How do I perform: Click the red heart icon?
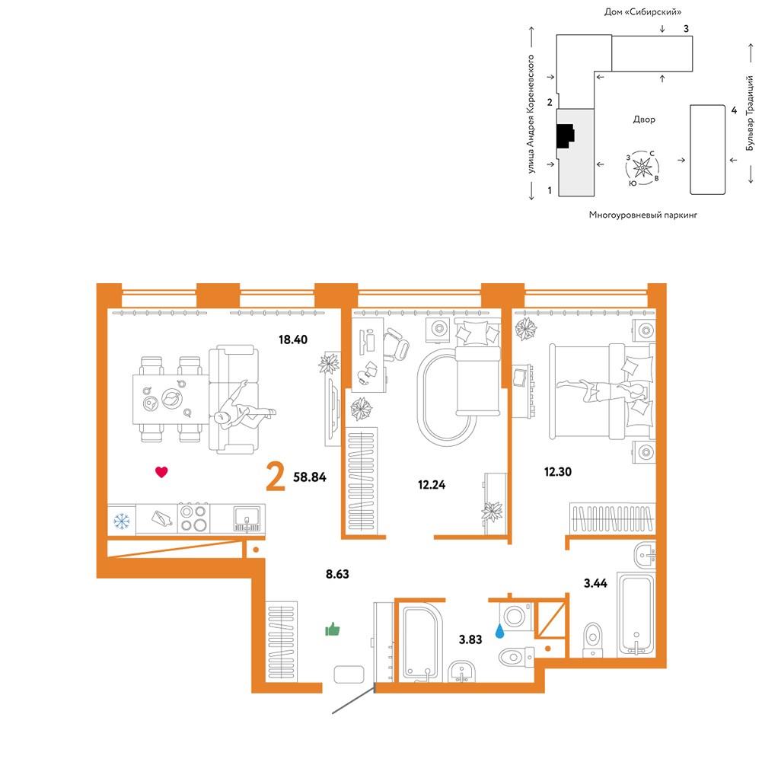161,471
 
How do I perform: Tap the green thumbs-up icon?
333,630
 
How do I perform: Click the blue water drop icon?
499,631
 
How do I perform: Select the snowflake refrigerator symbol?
122,521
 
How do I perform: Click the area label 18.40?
293,340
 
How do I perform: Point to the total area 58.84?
310,477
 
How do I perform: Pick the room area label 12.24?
432,484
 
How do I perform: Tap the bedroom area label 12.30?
558,471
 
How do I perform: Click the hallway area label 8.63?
337,574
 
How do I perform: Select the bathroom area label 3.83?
470,639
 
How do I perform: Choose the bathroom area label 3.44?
595,583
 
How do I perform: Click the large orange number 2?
276,477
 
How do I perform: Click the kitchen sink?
248,519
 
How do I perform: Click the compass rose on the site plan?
642,168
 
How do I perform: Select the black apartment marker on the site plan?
566,136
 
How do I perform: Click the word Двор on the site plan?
644,119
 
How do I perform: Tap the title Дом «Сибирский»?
642,11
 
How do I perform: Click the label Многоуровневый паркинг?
643,215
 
